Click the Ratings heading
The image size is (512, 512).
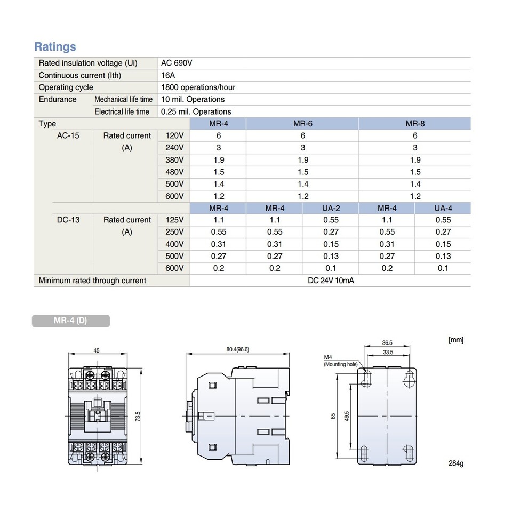pos(55,47)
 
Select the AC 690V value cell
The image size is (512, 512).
pos(177,63)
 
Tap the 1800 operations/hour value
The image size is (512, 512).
pos(198,87)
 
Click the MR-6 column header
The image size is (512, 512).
pos(302,124)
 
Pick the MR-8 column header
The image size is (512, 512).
pos(415,124)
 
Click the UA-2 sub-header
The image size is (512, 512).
pos(331,208)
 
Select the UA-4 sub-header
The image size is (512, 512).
pos(443,208)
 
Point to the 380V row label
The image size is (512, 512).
pos(175,160)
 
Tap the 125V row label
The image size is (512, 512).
pos(175,220)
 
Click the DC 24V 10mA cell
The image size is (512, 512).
pos(331,281)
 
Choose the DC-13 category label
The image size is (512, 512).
pos(68,220)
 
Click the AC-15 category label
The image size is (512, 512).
pos(68,135)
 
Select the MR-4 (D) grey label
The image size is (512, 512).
pos(71,321)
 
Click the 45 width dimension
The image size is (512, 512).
pos(97,351)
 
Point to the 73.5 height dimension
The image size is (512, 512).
pos(137,415)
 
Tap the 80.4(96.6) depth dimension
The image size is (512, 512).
pos(237,350)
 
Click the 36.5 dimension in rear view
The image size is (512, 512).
pos(387,343)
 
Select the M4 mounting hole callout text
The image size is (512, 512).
pos(340,361)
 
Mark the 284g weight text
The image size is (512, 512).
pos(456,462)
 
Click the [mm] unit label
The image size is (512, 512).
pos(456,339)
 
